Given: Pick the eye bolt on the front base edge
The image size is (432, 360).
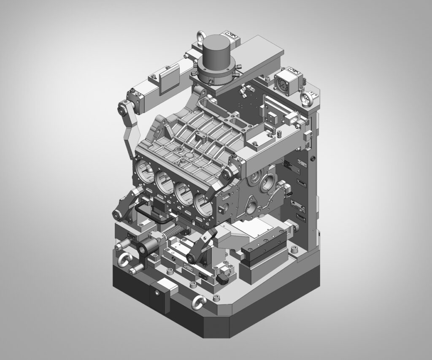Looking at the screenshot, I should coord(197,300).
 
